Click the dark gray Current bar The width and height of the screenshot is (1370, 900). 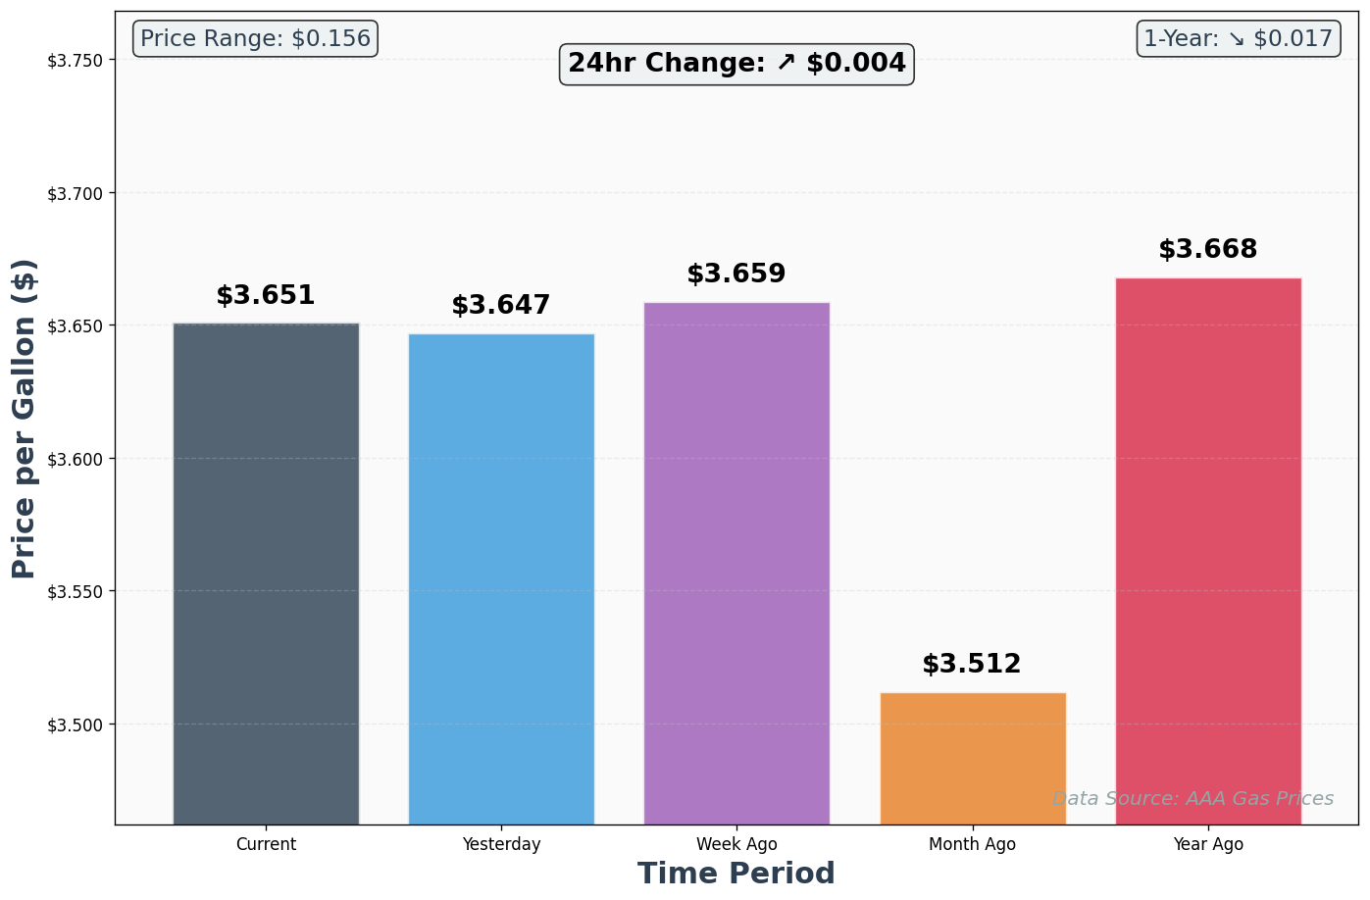click(x=266, y=574)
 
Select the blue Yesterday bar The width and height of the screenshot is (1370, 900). click(x=501, y=578)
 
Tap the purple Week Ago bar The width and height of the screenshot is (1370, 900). click(x=736, y=563)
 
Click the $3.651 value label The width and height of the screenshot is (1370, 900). click(x=266, y=295)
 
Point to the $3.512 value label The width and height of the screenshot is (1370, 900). click(x=972, y=664)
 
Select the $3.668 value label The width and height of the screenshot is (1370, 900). click(x=1208, y=249)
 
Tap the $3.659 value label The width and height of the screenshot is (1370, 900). click(x=736, y=274)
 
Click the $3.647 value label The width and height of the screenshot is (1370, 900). click(x=501, y=305)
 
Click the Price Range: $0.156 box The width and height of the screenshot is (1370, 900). click(x=255, y=39)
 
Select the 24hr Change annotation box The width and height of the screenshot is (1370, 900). click(x=736, y=64)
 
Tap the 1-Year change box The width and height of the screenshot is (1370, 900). click(x=1239, y=39)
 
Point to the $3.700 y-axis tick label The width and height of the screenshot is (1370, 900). click(x=75, y=193)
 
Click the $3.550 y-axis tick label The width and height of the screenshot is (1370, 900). click(x=75, y=592)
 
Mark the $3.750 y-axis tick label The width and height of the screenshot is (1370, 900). click(x=75, y=61)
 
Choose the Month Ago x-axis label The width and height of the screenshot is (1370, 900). click(x=973, y=844)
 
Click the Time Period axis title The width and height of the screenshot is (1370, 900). click(x=736, y=874)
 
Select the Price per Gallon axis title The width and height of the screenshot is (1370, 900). click(x=25, y=419)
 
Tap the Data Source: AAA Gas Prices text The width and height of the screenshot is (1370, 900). click(x=1192, y=799)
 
